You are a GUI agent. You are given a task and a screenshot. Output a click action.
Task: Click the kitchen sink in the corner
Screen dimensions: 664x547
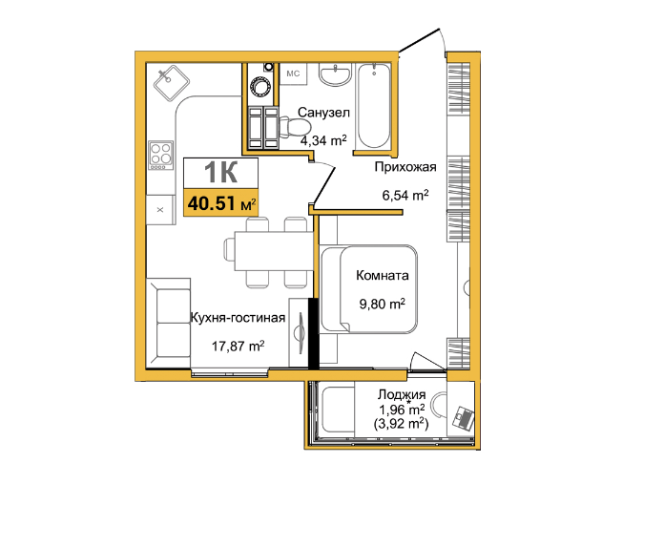tap(171, 83)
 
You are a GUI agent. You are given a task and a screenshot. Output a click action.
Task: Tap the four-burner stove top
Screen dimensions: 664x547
tap(161, 155)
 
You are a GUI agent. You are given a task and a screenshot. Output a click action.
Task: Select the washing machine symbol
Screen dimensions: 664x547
tap(260, 87)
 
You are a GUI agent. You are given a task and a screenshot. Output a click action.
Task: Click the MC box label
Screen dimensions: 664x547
tap(293, 74)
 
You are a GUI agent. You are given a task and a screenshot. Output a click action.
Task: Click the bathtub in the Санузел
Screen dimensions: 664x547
tap(374, 106)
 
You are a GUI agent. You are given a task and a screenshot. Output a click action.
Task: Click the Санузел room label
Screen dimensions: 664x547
tap(323, 113)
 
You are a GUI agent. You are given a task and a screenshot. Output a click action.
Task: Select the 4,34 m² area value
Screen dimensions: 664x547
tap(323, 140)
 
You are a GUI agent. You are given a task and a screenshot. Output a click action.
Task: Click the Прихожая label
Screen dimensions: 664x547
tap(405, 167)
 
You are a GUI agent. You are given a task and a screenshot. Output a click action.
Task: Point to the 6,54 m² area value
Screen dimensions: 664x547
tap(405, 196)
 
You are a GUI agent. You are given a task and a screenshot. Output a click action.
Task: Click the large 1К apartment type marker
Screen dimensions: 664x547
tap(220, 173)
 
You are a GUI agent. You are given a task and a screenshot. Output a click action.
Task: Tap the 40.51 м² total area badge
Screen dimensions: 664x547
tap(220, 203)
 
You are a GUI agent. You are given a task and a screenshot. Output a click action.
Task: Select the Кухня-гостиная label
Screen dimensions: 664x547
tap(238, 318)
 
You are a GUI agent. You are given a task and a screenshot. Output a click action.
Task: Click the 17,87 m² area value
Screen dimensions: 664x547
tap(238, 347)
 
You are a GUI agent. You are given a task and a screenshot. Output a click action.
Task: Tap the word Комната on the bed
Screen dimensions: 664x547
tap(383, 275)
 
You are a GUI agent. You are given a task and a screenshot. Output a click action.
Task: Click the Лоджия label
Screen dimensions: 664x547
tap(402, 394)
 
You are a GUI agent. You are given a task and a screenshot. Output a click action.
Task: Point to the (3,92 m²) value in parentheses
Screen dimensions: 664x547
tap(401, 423)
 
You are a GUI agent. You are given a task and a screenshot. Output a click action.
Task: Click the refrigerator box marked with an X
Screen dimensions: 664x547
tap(160, 209)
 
